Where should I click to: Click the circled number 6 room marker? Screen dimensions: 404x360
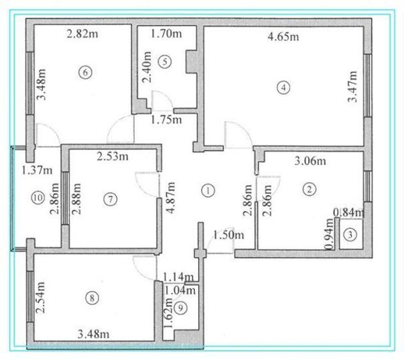point(85,72)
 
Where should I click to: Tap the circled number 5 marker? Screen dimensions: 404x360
point(165,62)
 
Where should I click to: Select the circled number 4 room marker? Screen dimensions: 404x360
point(283,88)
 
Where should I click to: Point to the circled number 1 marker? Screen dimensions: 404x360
point(208,191)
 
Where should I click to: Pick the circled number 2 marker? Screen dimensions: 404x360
point(309,189)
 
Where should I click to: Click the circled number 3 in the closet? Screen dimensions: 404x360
point(350,235)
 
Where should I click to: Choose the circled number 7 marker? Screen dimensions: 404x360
point(111,200)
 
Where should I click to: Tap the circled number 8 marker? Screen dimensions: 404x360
point(92,298)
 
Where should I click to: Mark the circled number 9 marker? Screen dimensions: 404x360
point(180,308)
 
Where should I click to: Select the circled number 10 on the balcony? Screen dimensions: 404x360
point(38,198)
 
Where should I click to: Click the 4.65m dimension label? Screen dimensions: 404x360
point(283,36)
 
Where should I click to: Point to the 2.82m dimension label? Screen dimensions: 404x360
point(82,34)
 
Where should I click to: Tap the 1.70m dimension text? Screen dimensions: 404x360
point(166,34)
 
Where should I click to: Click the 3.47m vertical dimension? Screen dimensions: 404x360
point(352,87)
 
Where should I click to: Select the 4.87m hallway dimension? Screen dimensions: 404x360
point(171,198)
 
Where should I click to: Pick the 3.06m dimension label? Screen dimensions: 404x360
point(310,161)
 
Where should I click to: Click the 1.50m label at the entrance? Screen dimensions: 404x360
point(229,235)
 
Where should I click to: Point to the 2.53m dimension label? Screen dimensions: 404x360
point(113,157)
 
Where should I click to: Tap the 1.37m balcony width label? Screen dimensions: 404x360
point(37,170)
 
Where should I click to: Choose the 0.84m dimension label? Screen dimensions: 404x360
point(349,213)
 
